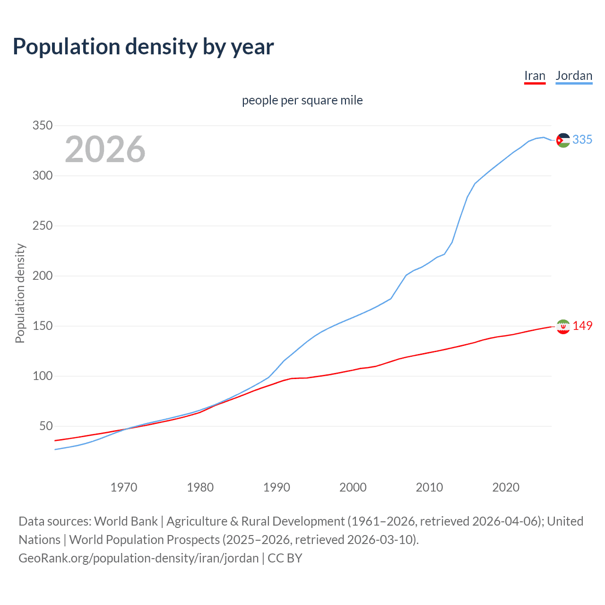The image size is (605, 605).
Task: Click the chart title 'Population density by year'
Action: [x=143, y=47]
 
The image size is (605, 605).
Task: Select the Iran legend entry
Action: [x=535, y=76]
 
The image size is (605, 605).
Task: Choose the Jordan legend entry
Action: [x=574, y=76]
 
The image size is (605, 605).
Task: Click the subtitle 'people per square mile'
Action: [x=302, y=100]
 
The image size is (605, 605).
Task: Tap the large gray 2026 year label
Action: [x=105, y=149]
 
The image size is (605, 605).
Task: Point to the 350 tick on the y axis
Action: [x=42, y=126]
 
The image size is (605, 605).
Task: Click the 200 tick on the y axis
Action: [x=42, y=276]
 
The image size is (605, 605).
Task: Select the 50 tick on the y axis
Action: [x=46, y=426]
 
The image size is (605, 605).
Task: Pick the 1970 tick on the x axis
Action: [x=124, y=487]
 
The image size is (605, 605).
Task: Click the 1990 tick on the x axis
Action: [x=277, y=487]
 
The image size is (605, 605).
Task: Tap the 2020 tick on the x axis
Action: [x=506, y=487]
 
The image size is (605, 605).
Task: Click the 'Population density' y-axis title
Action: [x=20, y=293]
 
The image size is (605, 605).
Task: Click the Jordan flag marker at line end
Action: [x=563, y=140]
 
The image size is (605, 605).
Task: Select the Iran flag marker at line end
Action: [x=563, y=326]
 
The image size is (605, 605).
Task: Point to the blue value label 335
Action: [x=582, y=139]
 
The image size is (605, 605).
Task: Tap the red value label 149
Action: [x=582, y=326]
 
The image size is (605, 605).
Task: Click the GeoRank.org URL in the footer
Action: [x=138, y=558]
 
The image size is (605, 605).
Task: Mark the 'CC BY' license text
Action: [x=285, y=558]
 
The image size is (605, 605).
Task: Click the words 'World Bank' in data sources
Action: [x=126, y=521]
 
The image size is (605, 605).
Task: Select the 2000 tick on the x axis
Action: [x=353, y=487]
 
